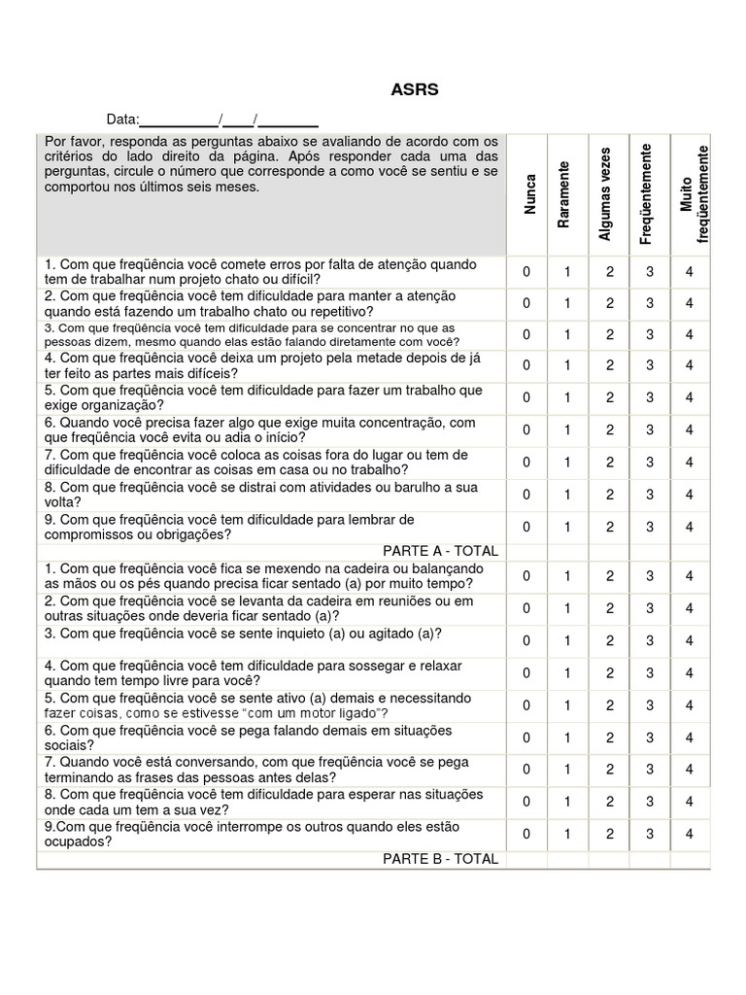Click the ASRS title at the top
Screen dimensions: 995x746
click(415, 89)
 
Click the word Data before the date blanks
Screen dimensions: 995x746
click(122, 120)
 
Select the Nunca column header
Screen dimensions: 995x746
click(529, 194)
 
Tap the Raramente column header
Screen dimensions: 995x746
click(563, 194)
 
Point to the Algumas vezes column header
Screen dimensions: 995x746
click(606, 194)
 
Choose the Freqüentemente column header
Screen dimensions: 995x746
click(646, 194)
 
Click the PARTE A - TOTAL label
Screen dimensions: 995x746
click(440, 551)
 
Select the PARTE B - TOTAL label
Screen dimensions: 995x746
click(440, 859)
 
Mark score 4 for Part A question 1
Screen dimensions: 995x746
click(690, 272)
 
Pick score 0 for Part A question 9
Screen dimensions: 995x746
click(526, 527)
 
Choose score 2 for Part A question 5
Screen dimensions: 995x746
click(610, 398)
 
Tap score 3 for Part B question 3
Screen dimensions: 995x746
click(650, 640)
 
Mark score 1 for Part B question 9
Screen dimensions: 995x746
click(567, 834)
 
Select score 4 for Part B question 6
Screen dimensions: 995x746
click(690, 738)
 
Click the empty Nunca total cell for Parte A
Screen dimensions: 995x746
click(526, 551)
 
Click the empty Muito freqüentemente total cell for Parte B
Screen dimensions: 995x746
click(690, 859)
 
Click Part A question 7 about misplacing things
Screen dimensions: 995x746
click(256, 463)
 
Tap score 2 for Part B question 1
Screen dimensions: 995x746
click(610, 576)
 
